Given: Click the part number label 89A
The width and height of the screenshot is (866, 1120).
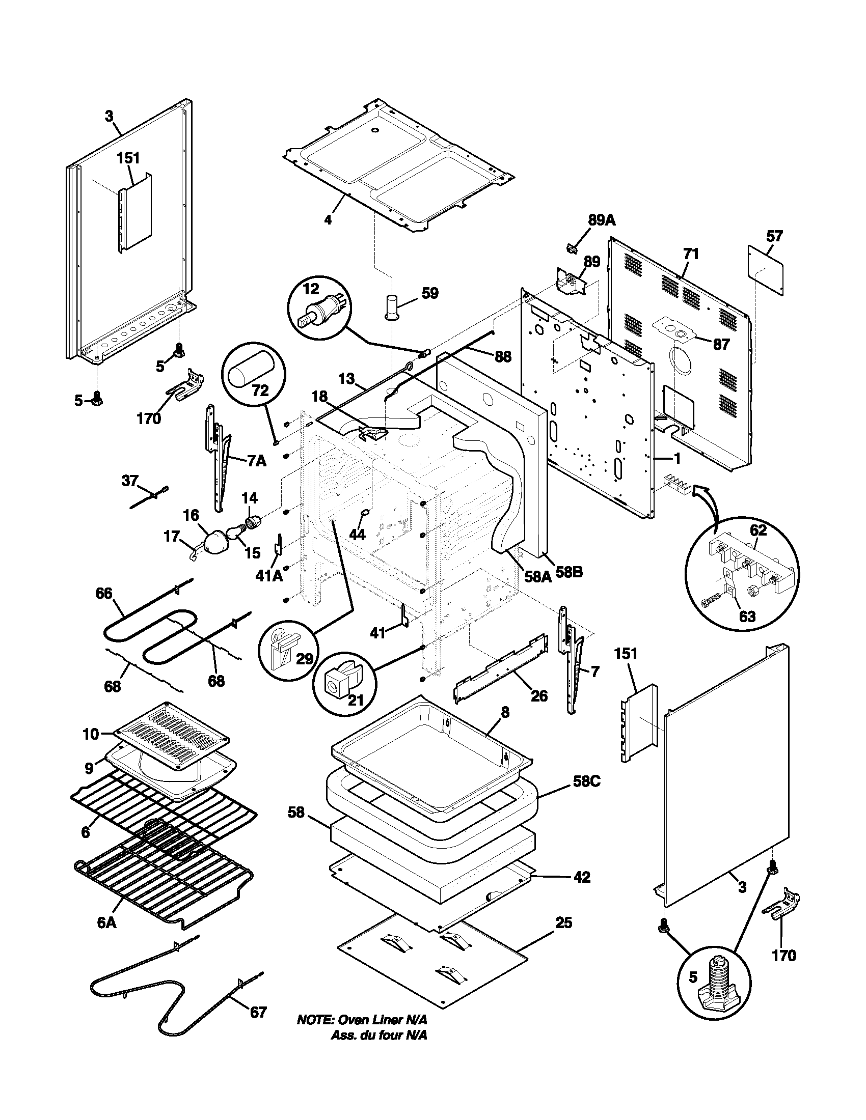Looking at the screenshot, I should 601,220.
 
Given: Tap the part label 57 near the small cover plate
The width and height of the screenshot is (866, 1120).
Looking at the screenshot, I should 774,236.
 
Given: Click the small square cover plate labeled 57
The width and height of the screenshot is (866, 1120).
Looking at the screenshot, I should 766,270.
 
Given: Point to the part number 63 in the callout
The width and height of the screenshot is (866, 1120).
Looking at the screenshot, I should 746,615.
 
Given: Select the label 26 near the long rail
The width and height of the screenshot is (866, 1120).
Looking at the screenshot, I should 538,695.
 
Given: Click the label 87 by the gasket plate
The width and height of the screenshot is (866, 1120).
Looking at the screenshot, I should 721,344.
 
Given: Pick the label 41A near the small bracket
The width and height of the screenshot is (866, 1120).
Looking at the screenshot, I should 269,576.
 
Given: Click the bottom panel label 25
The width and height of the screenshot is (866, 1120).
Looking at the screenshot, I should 563,923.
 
